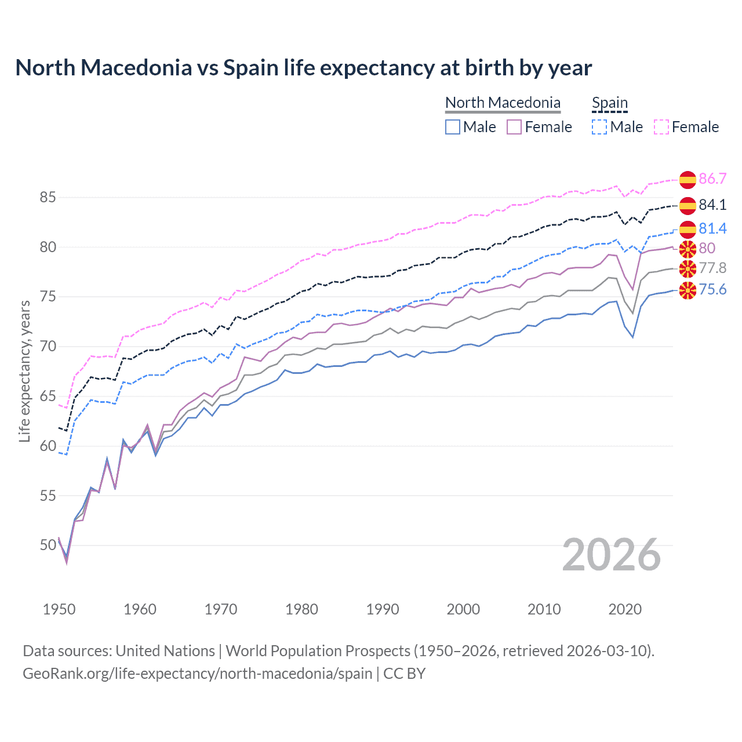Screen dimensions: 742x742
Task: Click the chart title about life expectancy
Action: point(303,68)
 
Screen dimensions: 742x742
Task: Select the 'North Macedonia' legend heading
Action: point(503,103)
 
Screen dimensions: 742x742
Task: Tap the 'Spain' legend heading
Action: point(609,103)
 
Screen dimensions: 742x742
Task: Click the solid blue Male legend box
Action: point(453,127)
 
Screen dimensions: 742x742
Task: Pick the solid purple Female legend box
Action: point(514,127)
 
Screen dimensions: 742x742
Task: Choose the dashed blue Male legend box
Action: point(599,127)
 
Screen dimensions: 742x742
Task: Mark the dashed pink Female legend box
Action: point(661,127)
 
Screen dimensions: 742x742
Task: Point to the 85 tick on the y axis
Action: point(48,198)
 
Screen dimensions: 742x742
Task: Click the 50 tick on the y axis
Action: point(48,545)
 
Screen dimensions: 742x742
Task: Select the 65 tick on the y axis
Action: point(48,397)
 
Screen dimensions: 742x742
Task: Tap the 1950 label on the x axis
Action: point(59,609)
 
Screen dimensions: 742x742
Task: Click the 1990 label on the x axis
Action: point(383,609)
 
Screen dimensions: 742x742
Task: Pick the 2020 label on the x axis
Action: point(625,609)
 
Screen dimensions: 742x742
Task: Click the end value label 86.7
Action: point(712,179)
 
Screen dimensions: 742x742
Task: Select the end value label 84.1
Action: point(712,205)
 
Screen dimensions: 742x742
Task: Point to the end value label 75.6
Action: point(712,289)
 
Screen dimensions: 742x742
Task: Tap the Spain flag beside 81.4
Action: point(688,229)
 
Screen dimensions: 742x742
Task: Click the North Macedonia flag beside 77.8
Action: point(688,268)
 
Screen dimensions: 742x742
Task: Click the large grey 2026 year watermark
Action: point(611,555)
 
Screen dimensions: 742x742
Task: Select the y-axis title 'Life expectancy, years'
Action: point(25,371)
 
